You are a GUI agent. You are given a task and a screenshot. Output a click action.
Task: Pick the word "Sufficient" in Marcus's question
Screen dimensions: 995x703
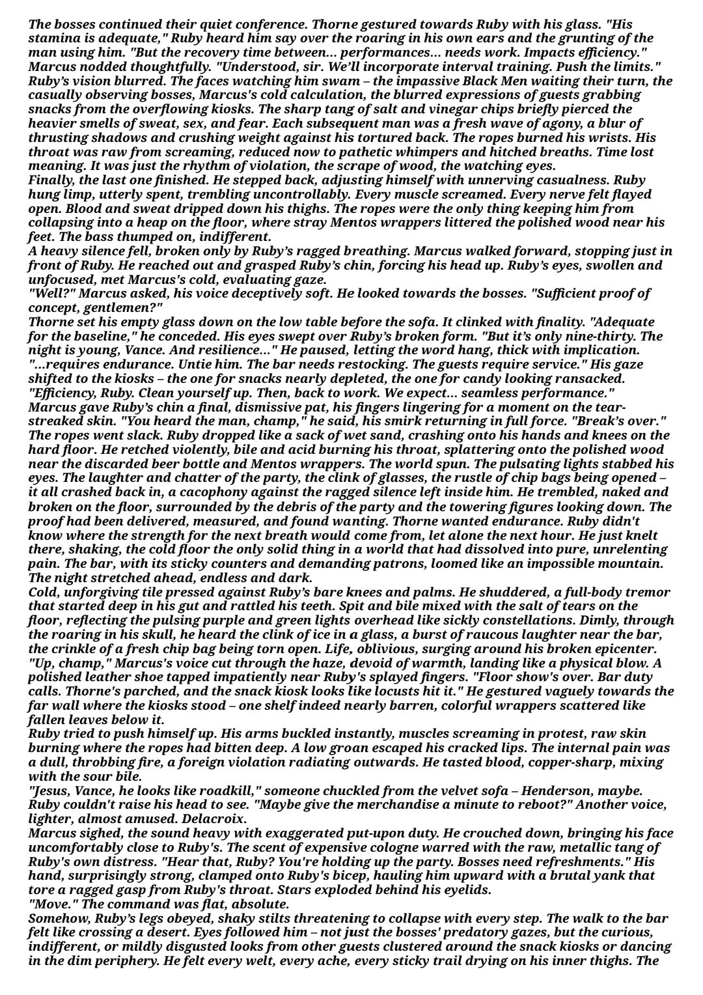pos(564,293)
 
